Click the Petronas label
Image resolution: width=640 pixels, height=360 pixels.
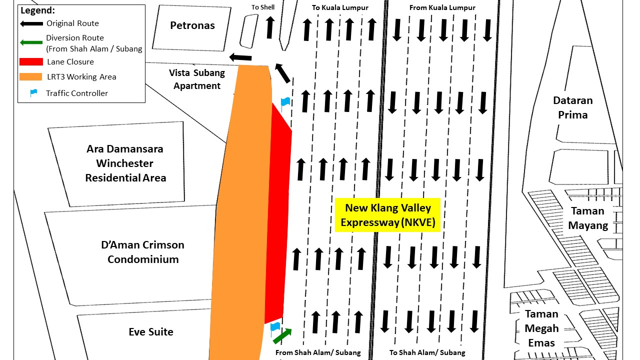point(192,25)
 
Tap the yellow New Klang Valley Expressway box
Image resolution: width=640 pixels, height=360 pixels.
point(387,214)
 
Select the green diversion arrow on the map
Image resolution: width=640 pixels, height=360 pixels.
point(282,335)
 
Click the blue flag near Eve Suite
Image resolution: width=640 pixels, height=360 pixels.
point(274,328)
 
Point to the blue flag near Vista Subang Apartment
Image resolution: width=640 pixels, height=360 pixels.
point(284,103)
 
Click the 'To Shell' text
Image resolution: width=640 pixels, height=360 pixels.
point(263,7)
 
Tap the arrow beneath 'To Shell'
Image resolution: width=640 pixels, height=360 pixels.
point(270,27)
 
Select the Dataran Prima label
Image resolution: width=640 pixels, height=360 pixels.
point(572,107)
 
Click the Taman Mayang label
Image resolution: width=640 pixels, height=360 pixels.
point(588,218)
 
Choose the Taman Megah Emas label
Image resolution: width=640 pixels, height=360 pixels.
point(541,328)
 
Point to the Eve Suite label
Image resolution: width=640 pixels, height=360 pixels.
point(150,332)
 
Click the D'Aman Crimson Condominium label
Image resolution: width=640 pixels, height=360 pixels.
point(142,252)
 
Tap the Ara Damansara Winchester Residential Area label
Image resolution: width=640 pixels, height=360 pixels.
point(125,163)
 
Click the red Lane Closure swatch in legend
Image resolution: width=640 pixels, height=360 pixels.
point(31,62)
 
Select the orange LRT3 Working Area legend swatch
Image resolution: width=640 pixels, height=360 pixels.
point(31,77)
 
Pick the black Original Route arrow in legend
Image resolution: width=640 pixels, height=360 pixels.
point(31,23)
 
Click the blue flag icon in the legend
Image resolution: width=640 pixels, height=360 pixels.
point(33,93)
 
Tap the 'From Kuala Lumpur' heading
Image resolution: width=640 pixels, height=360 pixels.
point(442,7)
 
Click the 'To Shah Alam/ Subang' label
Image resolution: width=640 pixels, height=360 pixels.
point(427,352)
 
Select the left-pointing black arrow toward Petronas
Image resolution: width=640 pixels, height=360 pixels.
point(240,57)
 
